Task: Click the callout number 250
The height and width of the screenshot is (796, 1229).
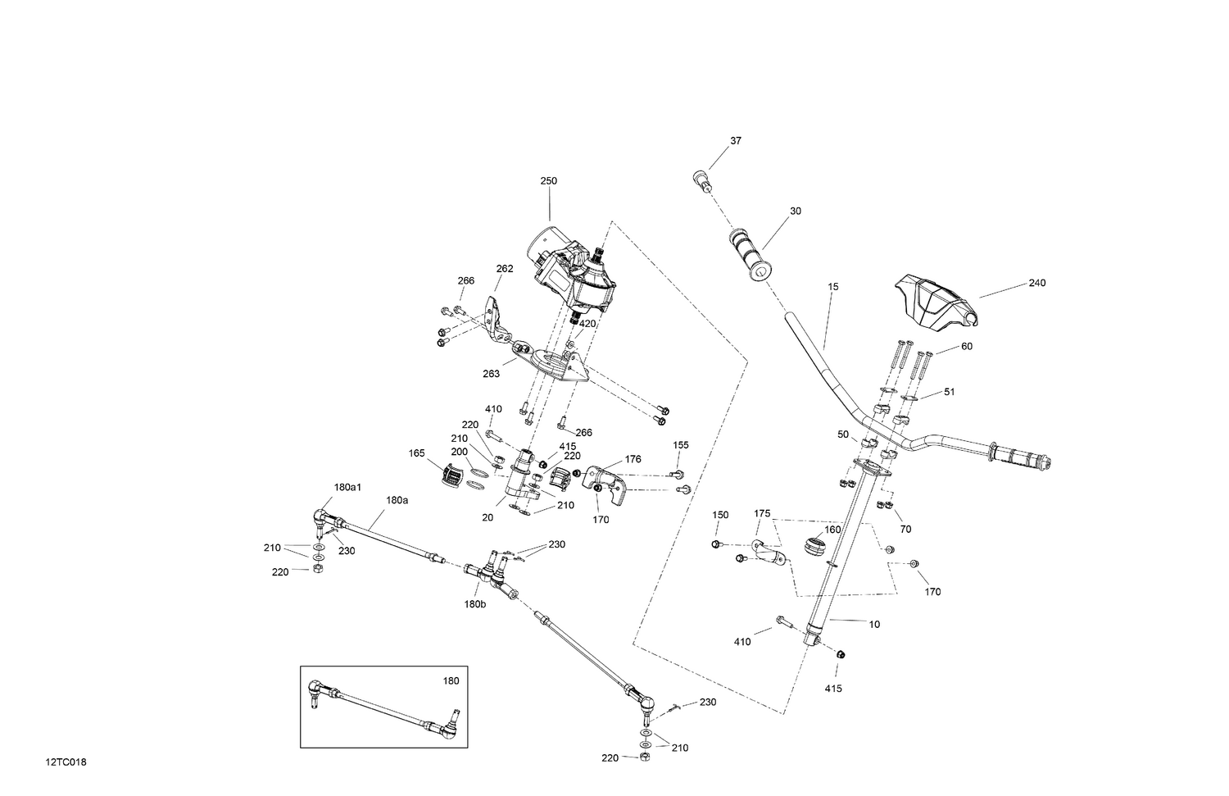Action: (548, 181)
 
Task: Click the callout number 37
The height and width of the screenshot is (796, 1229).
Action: (735, 141)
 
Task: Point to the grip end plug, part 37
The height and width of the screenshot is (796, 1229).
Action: (701, 180)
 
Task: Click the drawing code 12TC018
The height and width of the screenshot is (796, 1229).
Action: (66, 762)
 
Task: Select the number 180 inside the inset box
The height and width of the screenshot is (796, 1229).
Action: (451, 680)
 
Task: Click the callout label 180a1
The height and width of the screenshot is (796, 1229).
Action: (347, 488)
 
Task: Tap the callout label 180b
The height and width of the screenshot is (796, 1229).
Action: (474, 603)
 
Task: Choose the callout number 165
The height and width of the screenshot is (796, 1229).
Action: (416, 453)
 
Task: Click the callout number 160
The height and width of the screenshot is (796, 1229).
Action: (832, 530)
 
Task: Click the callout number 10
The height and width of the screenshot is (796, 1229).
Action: (873, 625)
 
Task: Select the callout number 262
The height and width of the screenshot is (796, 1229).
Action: (505, 268)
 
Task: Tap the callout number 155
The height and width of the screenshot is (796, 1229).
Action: (681, 445)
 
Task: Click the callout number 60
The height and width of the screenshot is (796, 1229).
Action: (966, 347)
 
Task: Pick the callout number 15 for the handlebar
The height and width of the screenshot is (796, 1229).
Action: (832, 287)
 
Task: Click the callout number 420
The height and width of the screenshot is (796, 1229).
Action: (587, 324)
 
